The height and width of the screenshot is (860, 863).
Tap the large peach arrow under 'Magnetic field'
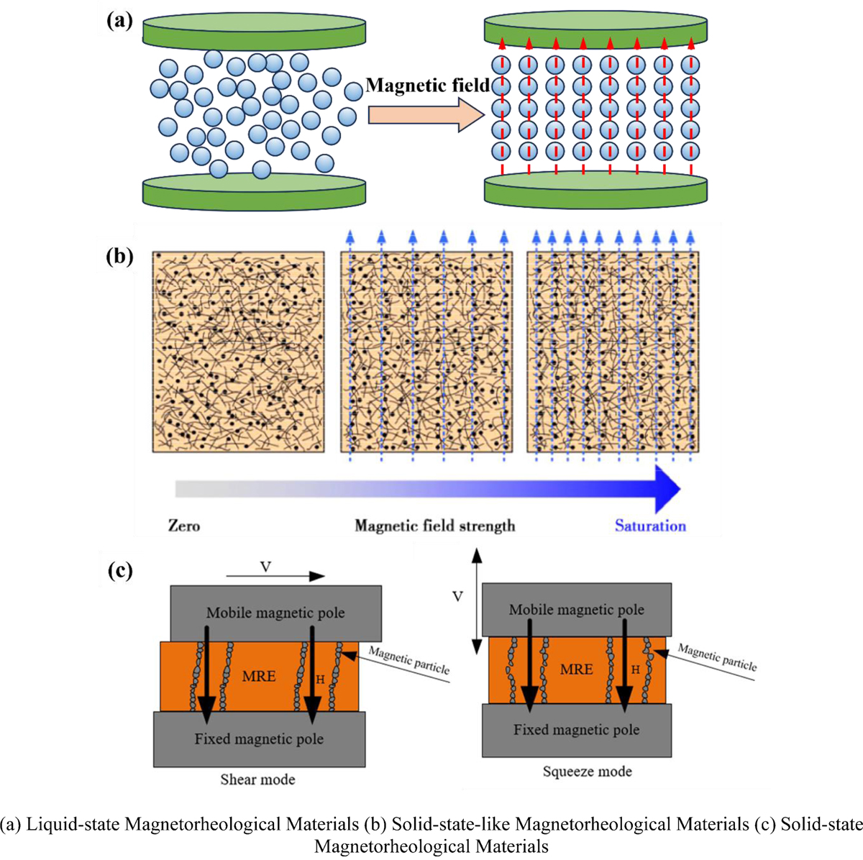point(424,115)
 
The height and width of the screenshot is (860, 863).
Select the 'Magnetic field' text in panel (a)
point(427,86)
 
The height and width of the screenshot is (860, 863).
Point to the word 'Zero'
point(184,526)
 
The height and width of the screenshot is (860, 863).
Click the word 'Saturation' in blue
point(649,526)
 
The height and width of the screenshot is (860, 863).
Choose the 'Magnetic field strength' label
point(434,526)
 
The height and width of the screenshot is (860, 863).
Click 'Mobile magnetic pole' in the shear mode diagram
point(275,613)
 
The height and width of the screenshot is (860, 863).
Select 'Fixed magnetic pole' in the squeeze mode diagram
point(576,730)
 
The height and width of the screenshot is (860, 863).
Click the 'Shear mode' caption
point(257,779)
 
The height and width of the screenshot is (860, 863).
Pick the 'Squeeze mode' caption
point(587,772)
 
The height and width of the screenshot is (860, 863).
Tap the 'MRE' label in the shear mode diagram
point(258,677)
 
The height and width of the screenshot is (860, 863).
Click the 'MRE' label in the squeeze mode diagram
point(577,669)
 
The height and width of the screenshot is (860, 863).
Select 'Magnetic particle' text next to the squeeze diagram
point(717,657)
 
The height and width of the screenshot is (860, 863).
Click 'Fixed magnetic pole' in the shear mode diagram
point(259,738)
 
